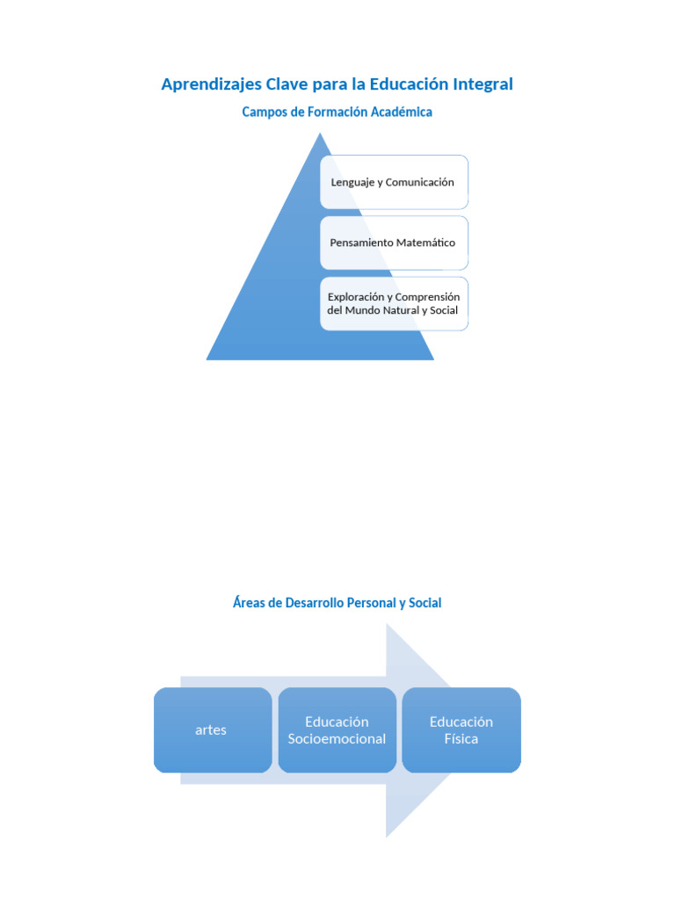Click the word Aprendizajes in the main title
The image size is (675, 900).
(211, 85)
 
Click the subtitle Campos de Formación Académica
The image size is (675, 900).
(337, 112)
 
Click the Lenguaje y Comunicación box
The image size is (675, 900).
(394, 182)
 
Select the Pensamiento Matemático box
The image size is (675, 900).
(394, 243)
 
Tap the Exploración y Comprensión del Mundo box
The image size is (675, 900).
(394, 303)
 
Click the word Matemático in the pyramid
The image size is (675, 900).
(425, 243)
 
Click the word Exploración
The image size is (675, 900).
(356, 297)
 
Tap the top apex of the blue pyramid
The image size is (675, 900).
(320, 134)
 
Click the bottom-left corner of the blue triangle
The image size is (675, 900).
(207, 359)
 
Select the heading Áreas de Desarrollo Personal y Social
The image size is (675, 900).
(337, 603)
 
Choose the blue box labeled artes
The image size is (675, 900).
(213, 730)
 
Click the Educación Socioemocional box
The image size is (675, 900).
(337, 730)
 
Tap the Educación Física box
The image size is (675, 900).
(461, 730)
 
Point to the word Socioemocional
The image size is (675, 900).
(337, 738)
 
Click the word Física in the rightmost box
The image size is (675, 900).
(461, 738)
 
